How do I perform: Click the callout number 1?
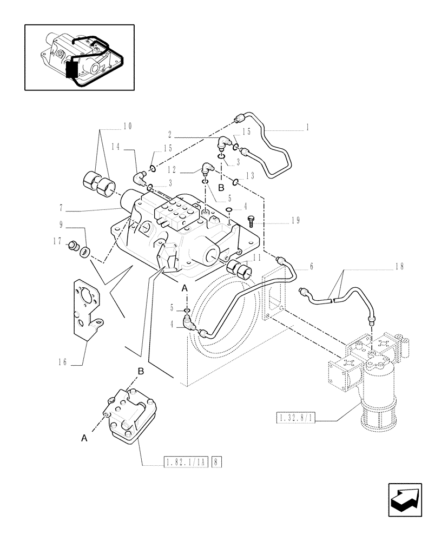coord(307,128)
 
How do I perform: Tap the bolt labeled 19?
coord(251,221)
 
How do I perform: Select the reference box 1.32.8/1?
coord(297,418)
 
